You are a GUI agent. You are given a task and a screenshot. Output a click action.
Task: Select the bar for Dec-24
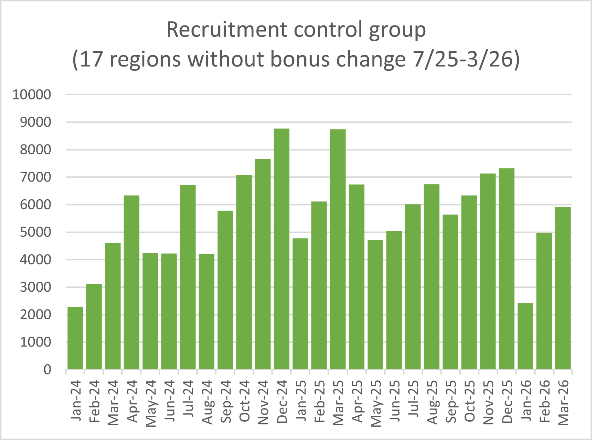(x=282, y=249)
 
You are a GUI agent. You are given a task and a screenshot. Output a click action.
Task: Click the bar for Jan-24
(x=75, y=338)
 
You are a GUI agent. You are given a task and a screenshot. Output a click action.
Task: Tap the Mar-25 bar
(x=338, y=249)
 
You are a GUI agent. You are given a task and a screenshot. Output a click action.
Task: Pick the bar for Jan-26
(x=525, y=336)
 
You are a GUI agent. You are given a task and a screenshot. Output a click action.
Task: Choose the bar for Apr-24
(x=132, y=282)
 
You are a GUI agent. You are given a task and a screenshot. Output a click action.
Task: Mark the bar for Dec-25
(x=507, y=269)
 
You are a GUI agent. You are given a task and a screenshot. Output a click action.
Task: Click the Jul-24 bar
(x=188, y=277)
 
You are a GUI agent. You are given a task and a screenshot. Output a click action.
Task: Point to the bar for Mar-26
(x=563, y=288)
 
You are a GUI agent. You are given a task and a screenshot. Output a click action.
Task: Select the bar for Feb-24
(x=94, y=327)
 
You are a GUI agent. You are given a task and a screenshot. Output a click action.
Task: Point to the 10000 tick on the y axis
(x=32, y=95)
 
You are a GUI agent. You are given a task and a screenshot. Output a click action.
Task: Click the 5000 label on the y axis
(x=35, y=232)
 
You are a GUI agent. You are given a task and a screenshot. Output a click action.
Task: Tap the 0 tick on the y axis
(x=47, y=370)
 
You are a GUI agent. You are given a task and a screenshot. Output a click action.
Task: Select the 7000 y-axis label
(x=35, y=177)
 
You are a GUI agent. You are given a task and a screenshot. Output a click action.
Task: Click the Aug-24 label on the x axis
(x=207, y=402)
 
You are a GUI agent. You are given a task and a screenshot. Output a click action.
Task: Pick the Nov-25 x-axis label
(x=488, y=402)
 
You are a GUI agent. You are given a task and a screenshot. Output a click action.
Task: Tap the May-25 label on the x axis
(x=376, y=403)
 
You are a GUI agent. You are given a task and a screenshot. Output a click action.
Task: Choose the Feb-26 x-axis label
(x=545, y=401)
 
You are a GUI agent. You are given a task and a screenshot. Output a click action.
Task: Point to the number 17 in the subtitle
(x=91, y=59)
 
